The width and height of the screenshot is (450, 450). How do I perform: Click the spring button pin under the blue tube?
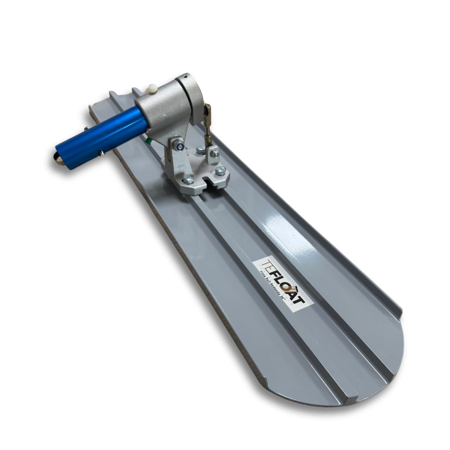click(x=103, y=153)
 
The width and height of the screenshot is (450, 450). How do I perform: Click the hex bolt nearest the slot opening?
click(x=188, y=179)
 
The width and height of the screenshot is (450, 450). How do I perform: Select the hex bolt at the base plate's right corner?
click(x=220, y=171)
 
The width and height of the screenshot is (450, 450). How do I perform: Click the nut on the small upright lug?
click(x=215, y=154)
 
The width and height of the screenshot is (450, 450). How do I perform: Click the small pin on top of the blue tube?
click(x=86, y=129)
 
